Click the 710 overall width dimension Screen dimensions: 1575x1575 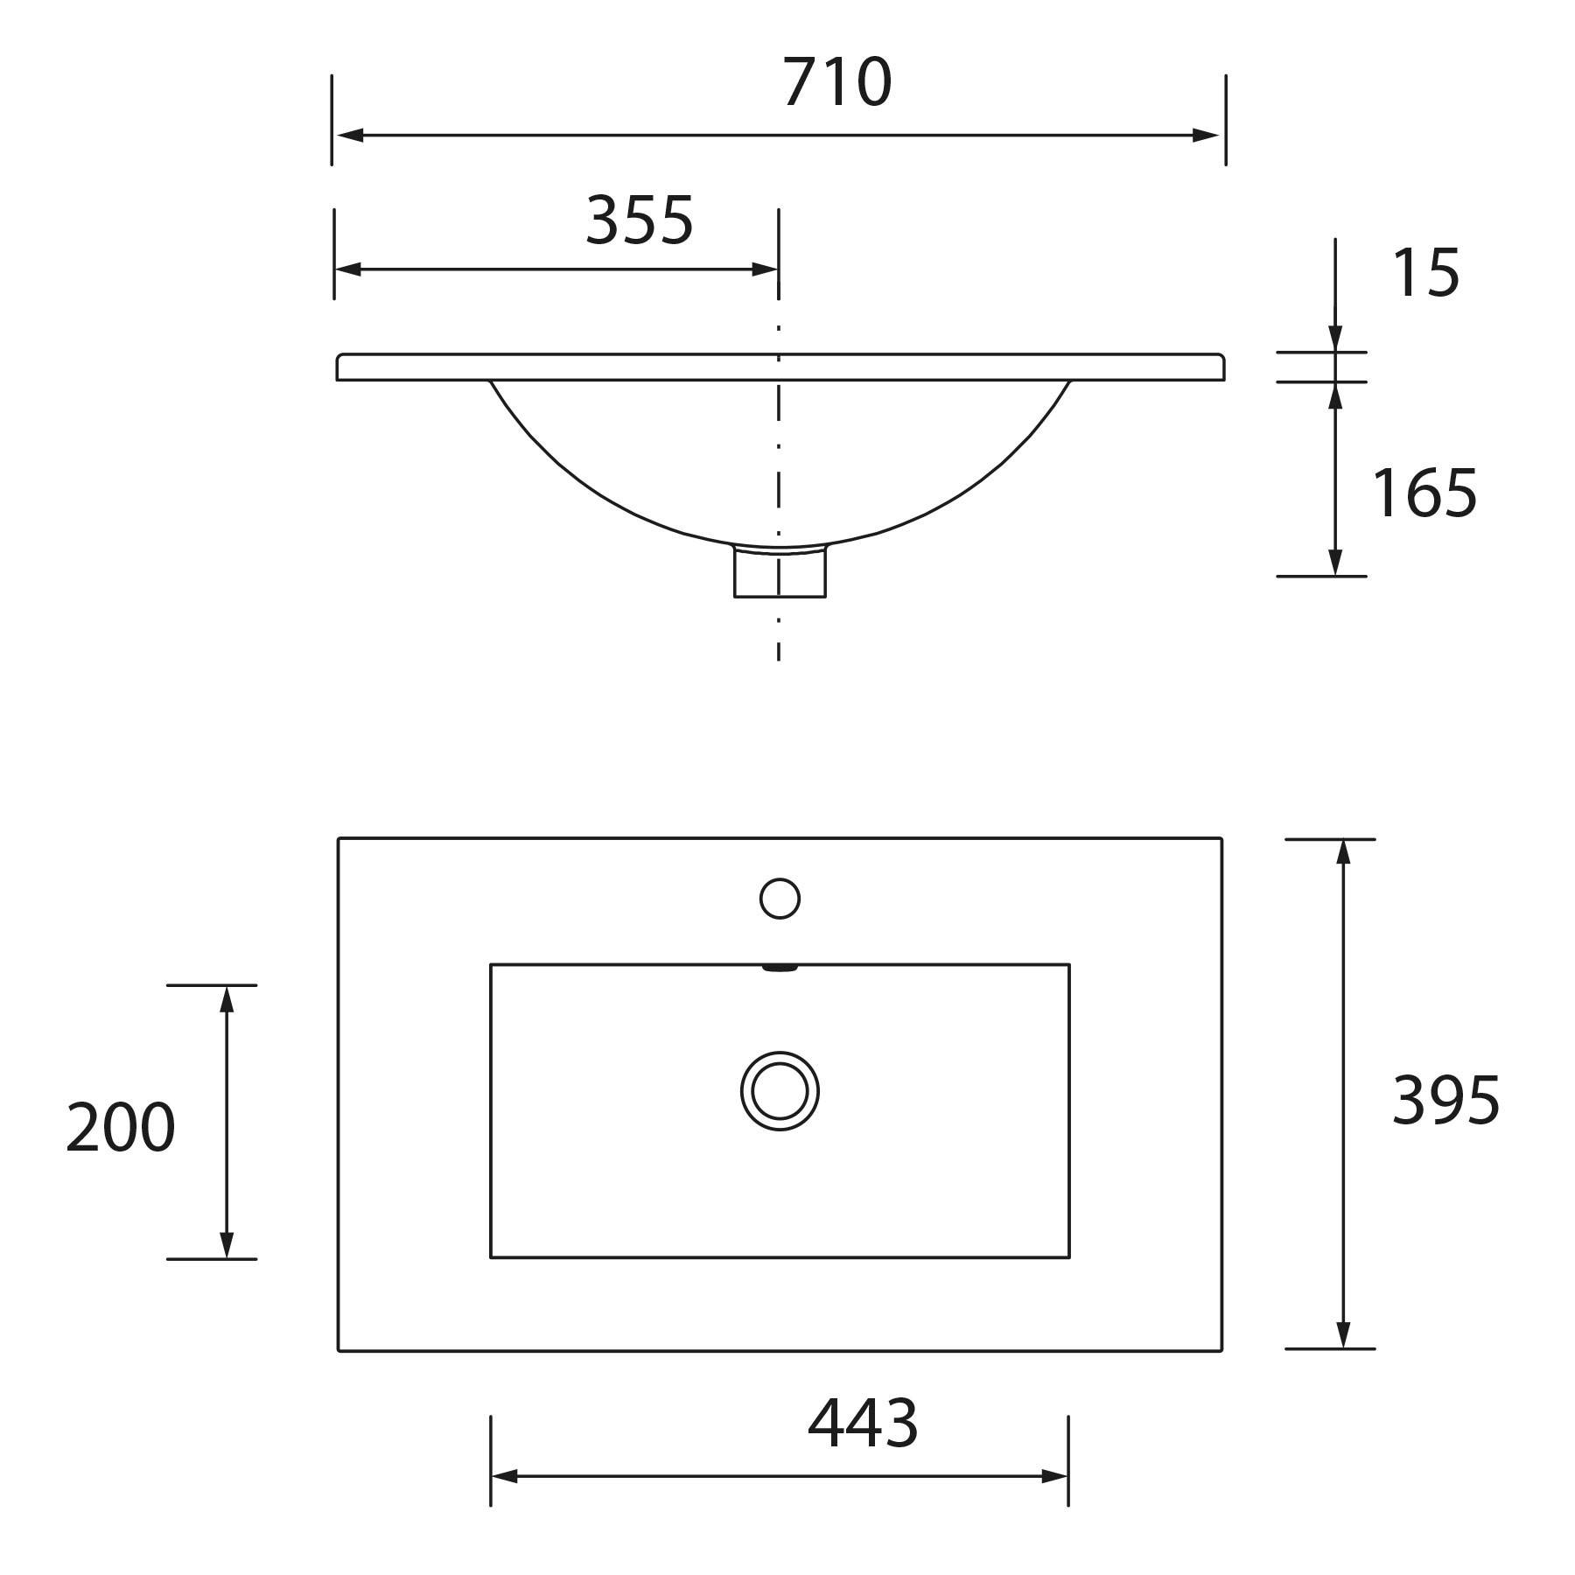[837, 83]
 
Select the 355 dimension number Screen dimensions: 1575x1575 [640, 220]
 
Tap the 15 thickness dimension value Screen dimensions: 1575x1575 [1425, 273]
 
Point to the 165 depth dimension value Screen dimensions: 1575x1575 [1424, 493]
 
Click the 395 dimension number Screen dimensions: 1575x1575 [1445, 1100]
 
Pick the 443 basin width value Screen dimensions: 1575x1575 [863, 1424]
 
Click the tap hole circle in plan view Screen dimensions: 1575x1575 [780, 899]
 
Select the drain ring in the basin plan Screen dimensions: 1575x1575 [780, 1091]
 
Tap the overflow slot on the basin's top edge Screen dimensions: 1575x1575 [780, 968]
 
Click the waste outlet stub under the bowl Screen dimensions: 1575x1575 [780, 573]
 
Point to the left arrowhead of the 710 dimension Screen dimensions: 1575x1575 [349, 136]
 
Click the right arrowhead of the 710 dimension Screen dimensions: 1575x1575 [1207, 136]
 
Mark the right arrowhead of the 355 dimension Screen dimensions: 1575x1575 [766, 269]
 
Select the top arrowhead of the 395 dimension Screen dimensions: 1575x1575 [1344, 851]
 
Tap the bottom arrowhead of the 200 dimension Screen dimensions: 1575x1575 [227, 1245]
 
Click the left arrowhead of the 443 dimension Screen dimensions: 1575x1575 [504, 1477]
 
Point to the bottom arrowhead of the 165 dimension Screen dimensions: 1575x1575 [1335, 563]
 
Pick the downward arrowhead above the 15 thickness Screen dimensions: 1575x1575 [1335, 339]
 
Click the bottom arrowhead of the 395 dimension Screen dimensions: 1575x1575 [1344, 1335]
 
